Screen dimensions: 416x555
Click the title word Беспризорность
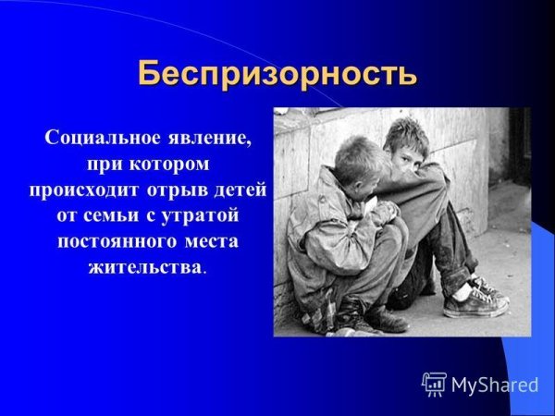[x=277, y=72]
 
